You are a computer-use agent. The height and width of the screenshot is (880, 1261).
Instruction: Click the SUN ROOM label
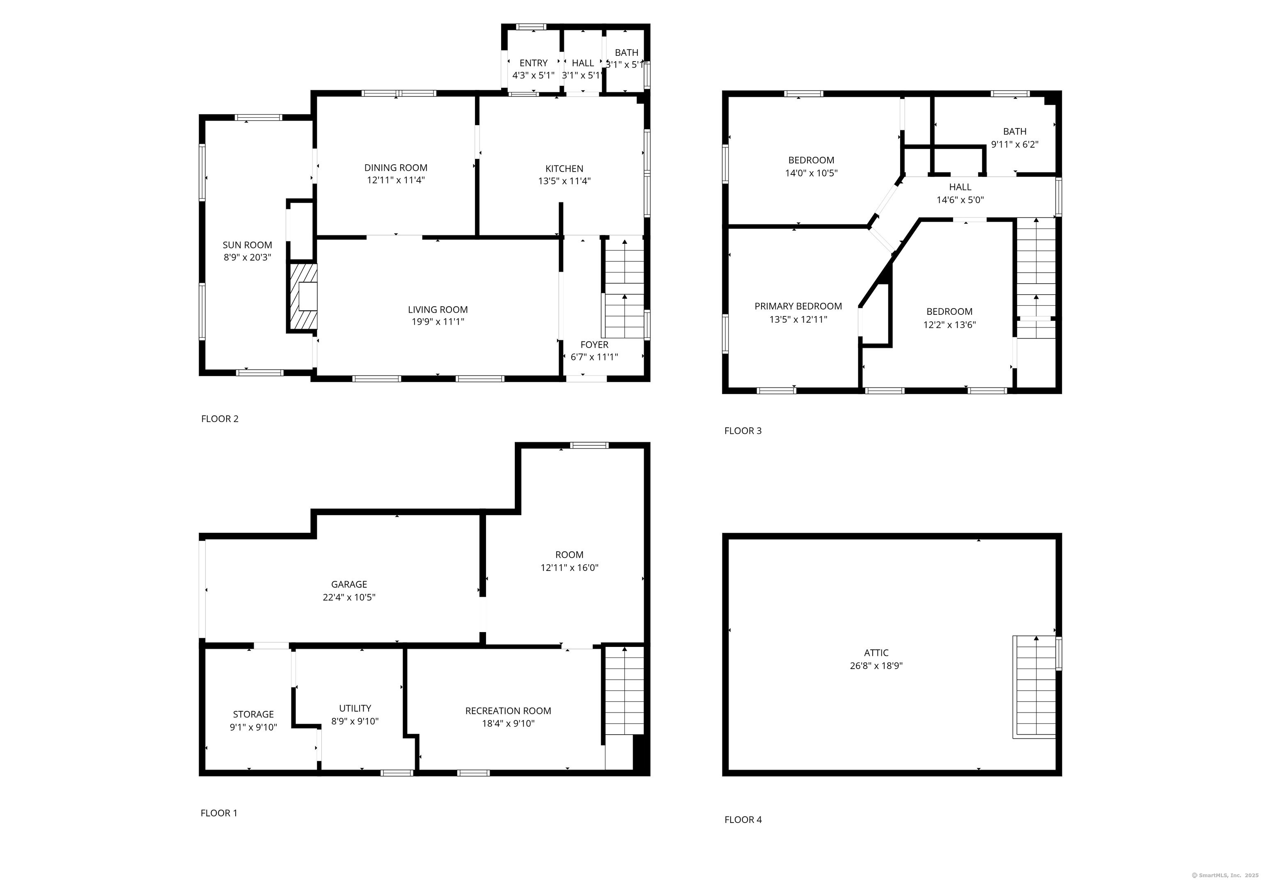point(247,245)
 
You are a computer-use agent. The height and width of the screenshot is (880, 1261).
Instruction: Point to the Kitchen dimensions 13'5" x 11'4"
point(564,181)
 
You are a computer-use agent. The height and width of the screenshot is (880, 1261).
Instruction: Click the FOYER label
point(594,344)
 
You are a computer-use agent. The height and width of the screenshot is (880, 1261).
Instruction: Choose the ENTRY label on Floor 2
point(533,63)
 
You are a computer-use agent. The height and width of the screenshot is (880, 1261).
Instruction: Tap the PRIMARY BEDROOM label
point(798,306)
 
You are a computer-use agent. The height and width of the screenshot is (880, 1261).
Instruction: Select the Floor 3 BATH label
point(1014,131)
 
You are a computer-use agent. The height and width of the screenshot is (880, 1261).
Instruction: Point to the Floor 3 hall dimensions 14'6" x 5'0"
point(960,200)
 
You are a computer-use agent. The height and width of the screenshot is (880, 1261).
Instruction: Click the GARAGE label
point(349,584)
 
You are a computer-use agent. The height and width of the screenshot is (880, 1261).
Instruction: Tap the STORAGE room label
point(253,714)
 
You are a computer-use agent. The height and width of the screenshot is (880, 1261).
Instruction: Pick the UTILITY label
point(355,708)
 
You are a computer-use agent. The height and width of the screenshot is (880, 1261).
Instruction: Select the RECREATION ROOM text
point(508,710)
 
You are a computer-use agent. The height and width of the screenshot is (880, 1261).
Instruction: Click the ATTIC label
point(876,653)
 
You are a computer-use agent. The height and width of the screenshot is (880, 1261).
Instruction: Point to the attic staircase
point(1034,687)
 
